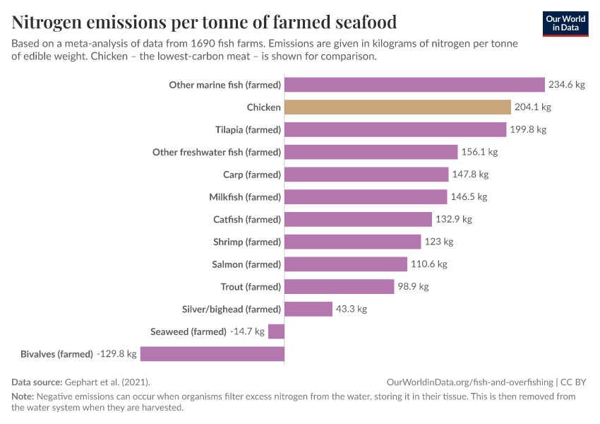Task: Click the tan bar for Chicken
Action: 397,107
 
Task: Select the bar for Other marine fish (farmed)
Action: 414,85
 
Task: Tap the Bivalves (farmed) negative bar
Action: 212,354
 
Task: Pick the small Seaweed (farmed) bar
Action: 276,331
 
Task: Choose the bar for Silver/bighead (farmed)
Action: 308,309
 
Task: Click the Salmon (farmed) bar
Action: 346,264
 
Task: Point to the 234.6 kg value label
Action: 567,85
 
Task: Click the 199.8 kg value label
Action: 528,129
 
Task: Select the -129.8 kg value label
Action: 116,354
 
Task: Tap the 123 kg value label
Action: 439,242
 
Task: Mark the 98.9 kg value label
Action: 413,286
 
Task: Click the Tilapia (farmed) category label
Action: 248,130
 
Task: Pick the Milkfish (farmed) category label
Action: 245,197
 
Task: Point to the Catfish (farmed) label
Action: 247,220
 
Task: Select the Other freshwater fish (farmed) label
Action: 217,153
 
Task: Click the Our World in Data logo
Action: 565,24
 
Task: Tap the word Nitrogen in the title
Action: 47,22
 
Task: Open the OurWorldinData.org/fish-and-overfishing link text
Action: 470,382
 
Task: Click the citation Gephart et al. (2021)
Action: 107,382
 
